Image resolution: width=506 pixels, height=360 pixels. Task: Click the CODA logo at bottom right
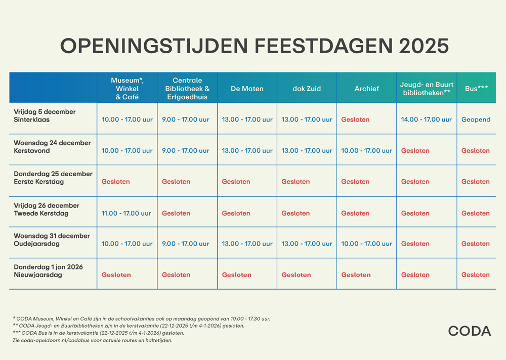click(x=469, y=331)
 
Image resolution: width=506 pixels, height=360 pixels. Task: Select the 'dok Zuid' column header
click(x=307, y=89)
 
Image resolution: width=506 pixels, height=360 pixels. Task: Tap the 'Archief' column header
click(x=366, y=89)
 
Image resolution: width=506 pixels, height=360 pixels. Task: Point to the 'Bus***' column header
click(x=476, y=89)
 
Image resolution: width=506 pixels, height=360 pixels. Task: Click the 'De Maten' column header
click(x=247, y=89)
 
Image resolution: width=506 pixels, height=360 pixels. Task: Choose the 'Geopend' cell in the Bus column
click(x=476, y=120)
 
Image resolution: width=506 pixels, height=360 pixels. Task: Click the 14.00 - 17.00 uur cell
click(x=426, y=120)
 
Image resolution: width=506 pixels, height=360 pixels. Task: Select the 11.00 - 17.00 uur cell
click(x=126, y=213)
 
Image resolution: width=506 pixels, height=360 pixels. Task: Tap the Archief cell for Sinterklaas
click(x=355, y=120)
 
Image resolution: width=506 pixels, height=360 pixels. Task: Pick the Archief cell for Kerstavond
click(x=366, y=151)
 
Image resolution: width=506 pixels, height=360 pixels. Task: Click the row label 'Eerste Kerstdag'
click(x=39, y=182)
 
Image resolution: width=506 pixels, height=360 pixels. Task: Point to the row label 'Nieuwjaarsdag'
click(x=38, y=275)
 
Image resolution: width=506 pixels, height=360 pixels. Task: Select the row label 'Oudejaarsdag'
click(x=37, y=244)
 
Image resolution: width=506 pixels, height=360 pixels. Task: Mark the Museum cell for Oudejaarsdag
click(x=126, y=244)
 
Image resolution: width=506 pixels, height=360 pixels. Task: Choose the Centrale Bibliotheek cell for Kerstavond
click(x=185, y=151)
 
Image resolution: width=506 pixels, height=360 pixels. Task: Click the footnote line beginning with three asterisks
click(x=98, y=333)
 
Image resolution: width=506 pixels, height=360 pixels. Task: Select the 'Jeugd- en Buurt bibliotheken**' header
click(x=427, y=89)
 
